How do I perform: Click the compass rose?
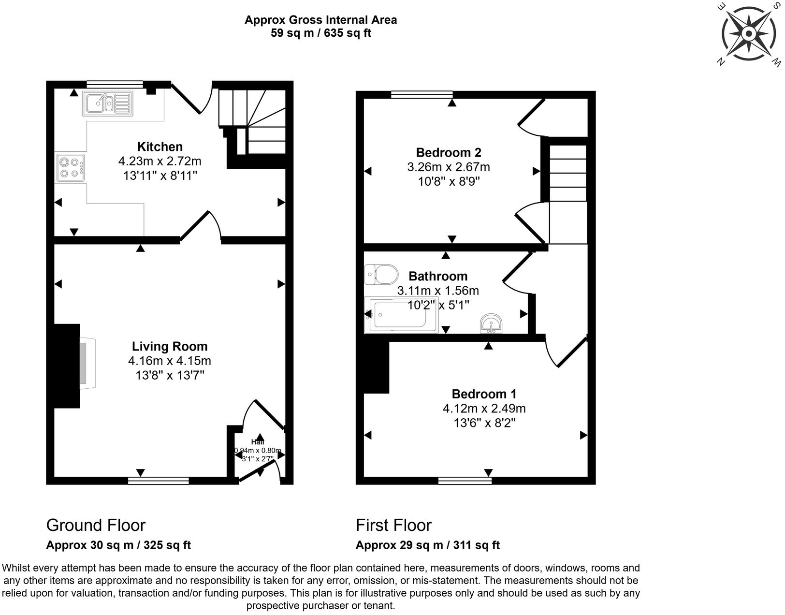[x=748, y=34]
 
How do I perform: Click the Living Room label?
[x=170, y=346]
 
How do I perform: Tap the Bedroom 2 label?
[x=448, y=153]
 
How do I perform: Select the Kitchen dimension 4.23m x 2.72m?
[x=160, y=161]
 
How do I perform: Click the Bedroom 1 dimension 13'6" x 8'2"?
[x=484, y=423]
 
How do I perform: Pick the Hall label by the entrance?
[x=258, y=442]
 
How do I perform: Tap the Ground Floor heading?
[x=96, y=525]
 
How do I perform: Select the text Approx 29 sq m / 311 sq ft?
[x=427, y=545]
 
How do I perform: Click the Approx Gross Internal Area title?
[x=320, y=20]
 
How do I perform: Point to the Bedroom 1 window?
[x=465, y=480]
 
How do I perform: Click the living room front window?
[x=159, y=480]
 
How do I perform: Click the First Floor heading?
[x=393, y=525]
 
